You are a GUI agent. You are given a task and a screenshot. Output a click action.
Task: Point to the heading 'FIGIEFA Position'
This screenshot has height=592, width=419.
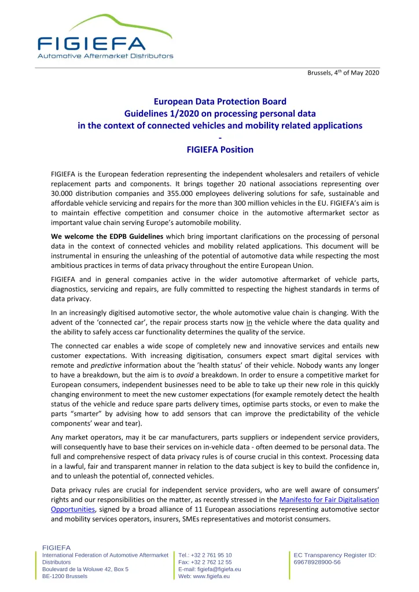[x=220, y=149]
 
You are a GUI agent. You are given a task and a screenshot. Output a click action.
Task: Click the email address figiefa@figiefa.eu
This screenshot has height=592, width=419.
[x=219, y=569]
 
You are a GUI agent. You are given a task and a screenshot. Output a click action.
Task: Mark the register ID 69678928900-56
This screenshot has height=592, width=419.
[x=317, y=562]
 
